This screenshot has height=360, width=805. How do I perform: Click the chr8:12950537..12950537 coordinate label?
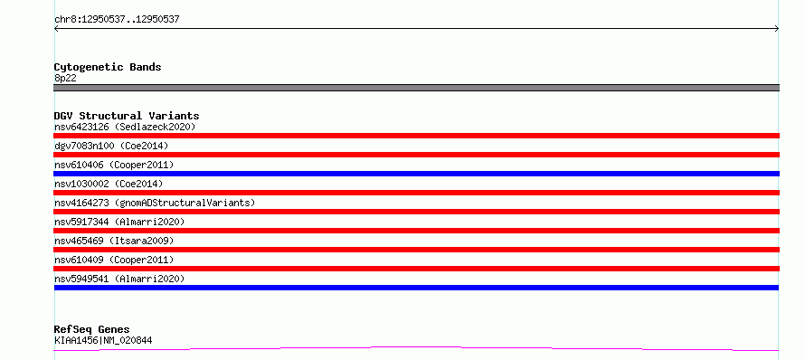pyautogui.click(x=117, y=20)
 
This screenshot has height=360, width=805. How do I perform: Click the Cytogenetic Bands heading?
pyautogui.click(x=108, y=67)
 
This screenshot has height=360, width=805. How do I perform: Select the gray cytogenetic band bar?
pyautogui.click(x=416, y=88)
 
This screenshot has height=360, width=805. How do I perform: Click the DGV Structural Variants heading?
pyautogui.click(x=127, y=116)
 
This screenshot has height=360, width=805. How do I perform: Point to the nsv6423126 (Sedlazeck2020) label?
pyautogui.click(x=125, y=127)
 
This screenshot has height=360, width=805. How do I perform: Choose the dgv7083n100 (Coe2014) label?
pyautogui.click(x=111, y=146)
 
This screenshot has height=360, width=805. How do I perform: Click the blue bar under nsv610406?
pyautogui.click(x=416, y=174)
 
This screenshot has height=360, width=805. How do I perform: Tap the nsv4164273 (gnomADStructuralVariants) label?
pyautogui.click(x=155, y=203)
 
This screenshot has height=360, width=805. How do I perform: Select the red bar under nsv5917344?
pyautogui.click(x=416, y=231)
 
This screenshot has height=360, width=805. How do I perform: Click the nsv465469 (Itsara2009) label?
pyautogui.click(x=114, y=241)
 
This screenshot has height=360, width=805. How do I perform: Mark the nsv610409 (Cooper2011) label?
pyautogui.click(x=114, y=260)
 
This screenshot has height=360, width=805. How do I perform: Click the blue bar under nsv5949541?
pyautogui.click(x=416, y=288)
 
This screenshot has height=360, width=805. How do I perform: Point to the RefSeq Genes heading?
pyautogui.click(x=92, y=330)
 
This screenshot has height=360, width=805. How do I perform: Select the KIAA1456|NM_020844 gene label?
pyautogui.click(x=103, y=340)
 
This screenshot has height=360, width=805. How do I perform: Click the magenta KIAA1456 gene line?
pyautogui.click(x=416, y=349)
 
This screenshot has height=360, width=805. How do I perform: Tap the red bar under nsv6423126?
pyautogui.click(x=416, y=136)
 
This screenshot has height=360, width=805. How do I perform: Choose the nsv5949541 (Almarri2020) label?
pyautogui.click(x=119, y=279)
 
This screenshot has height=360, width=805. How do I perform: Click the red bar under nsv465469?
pyautogui.click(x=416, y=250)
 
